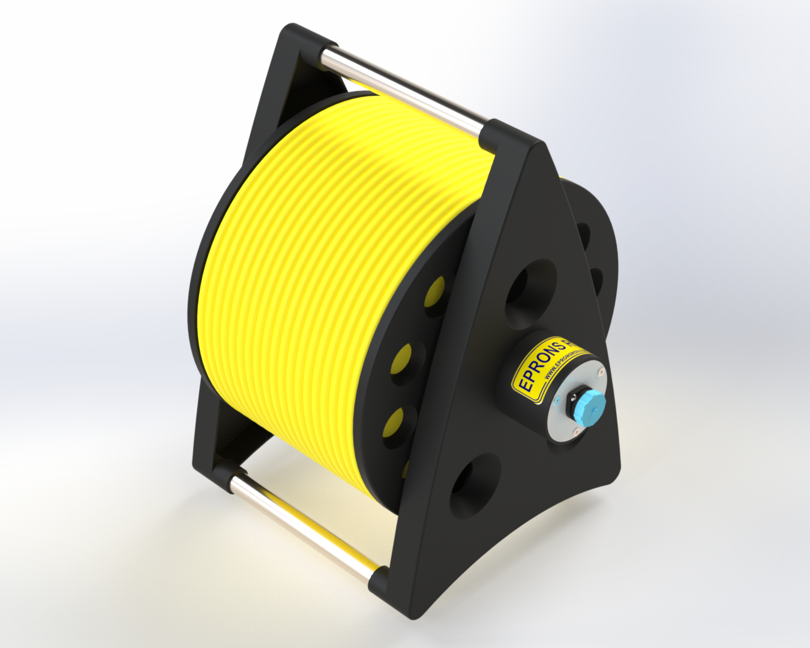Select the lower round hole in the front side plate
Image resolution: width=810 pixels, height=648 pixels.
pyautogui.click(x=474, y=486)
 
